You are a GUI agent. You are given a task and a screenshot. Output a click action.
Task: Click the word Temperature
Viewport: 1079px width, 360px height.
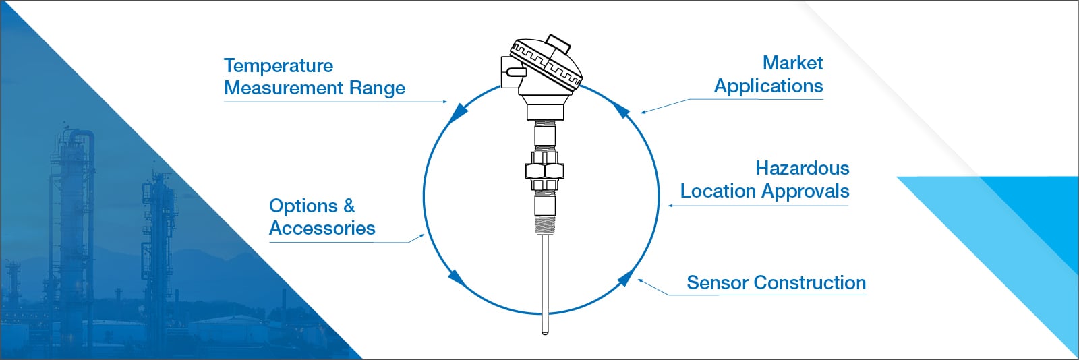coord(278,66)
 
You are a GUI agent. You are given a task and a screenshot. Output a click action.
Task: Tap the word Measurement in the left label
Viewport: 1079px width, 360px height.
coord(284,88)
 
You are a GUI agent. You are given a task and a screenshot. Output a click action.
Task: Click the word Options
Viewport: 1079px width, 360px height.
coord(303,206)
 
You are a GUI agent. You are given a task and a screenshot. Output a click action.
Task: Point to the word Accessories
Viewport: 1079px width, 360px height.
coord(322,229)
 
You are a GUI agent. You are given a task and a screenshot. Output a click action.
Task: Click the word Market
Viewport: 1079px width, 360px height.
coord(792,63)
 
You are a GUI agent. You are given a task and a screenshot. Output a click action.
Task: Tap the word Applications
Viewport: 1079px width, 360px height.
coord(768,86)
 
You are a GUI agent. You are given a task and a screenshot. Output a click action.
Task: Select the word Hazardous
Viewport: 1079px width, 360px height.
coord(802,168)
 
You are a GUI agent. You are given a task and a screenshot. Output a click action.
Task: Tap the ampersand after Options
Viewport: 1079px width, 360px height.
coord(349,206)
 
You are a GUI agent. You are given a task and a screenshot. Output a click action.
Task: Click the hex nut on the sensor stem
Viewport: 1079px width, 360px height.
coord(544,169)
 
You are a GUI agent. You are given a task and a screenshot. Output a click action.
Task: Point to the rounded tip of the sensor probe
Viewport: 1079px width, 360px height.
coord(545,330)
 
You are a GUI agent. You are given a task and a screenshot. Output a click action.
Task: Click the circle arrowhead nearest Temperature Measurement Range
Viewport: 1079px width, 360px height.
coord(459,112)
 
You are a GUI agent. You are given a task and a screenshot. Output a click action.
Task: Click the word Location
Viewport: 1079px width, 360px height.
coord(718,191)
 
